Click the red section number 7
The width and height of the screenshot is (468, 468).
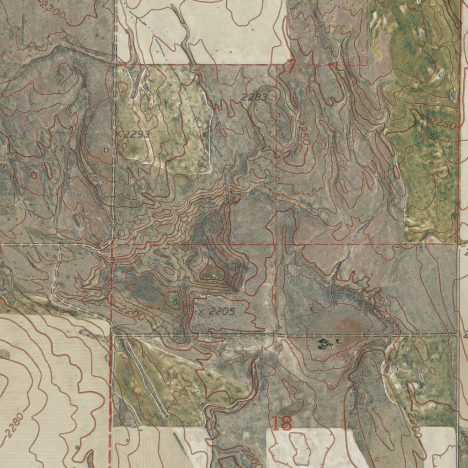point(291,67)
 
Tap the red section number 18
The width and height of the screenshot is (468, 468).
point(282,423)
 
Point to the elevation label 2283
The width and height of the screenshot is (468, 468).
point(254,97)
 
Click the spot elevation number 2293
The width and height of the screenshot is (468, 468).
point(137,134)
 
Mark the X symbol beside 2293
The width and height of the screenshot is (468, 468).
point(119,134)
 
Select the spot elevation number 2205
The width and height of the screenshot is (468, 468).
point(222,312)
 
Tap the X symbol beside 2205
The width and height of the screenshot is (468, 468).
point(202,312)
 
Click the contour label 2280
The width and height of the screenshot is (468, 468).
point(14,425)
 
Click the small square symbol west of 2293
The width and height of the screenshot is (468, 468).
point(106,149)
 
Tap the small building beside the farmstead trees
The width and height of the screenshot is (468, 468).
point(339,341)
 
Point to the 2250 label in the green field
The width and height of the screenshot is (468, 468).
point(444,124)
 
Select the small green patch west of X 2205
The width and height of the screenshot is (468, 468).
point(173,300)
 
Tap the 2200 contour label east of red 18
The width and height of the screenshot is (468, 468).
point(414,425)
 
